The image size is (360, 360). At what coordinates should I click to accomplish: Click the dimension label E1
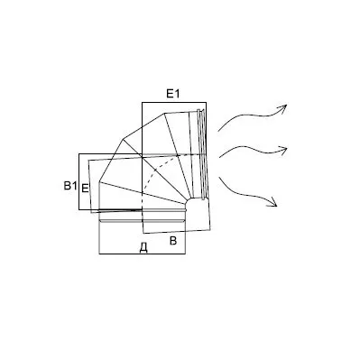tap(173, 94)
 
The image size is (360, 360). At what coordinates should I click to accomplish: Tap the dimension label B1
tap(70, 186)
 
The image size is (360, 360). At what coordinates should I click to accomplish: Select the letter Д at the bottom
tap(143, 248)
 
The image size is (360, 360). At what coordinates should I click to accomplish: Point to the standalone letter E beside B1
tap(86, 189)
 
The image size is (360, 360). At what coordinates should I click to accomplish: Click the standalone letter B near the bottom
tap(173, 241)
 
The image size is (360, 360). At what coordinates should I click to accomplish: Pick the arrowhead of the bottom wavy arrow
tap(272, 202)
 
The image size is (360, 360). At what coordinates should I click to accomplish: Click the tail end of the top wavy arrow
tap(218, 132)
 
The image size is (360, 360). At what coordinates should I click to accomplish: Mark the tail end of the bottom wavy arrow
tap(219, 178)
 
